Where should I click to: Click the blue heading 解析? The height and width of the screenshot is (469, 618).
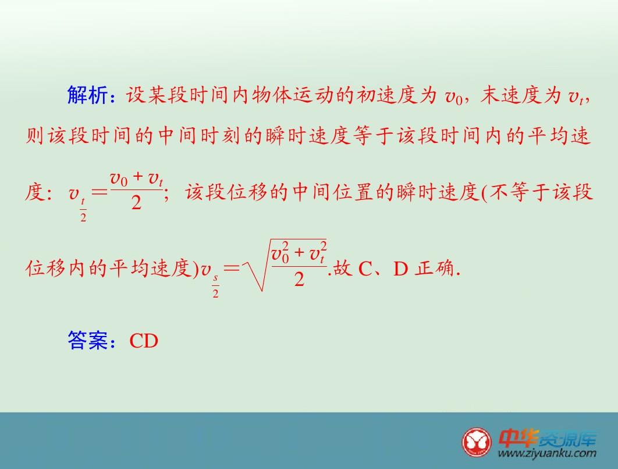click(87, 95)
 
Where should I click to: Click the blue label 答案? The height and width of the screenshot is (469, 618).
click(87, 341)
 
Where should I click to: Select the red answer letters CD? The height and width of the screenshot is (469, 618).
click(144, 341)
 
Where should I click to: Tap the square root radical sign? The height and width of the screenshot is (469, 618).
click(256, 265)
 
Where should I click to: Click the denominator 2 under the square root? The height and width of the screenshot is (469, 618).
click(299, 280)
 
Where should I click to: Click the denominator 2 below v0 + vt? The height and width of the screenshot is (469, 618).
click(136, 203)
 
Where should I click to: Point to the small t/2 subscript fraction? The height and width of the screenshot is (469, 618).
click(83, 210)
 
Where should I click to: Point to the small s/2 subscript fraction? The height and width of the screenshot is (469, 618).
click(215, 287)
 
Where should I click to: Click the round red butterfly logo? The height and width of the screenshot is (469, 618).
click(477, 442)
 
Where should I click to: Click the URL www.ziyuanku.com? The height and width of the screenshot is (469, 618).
click(547, 453)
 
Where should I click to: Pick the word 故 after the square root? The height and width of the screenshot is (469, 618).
click(343, 268)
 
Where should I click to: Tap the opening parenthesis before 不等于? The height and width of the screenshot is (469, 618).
click(484, 193)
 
